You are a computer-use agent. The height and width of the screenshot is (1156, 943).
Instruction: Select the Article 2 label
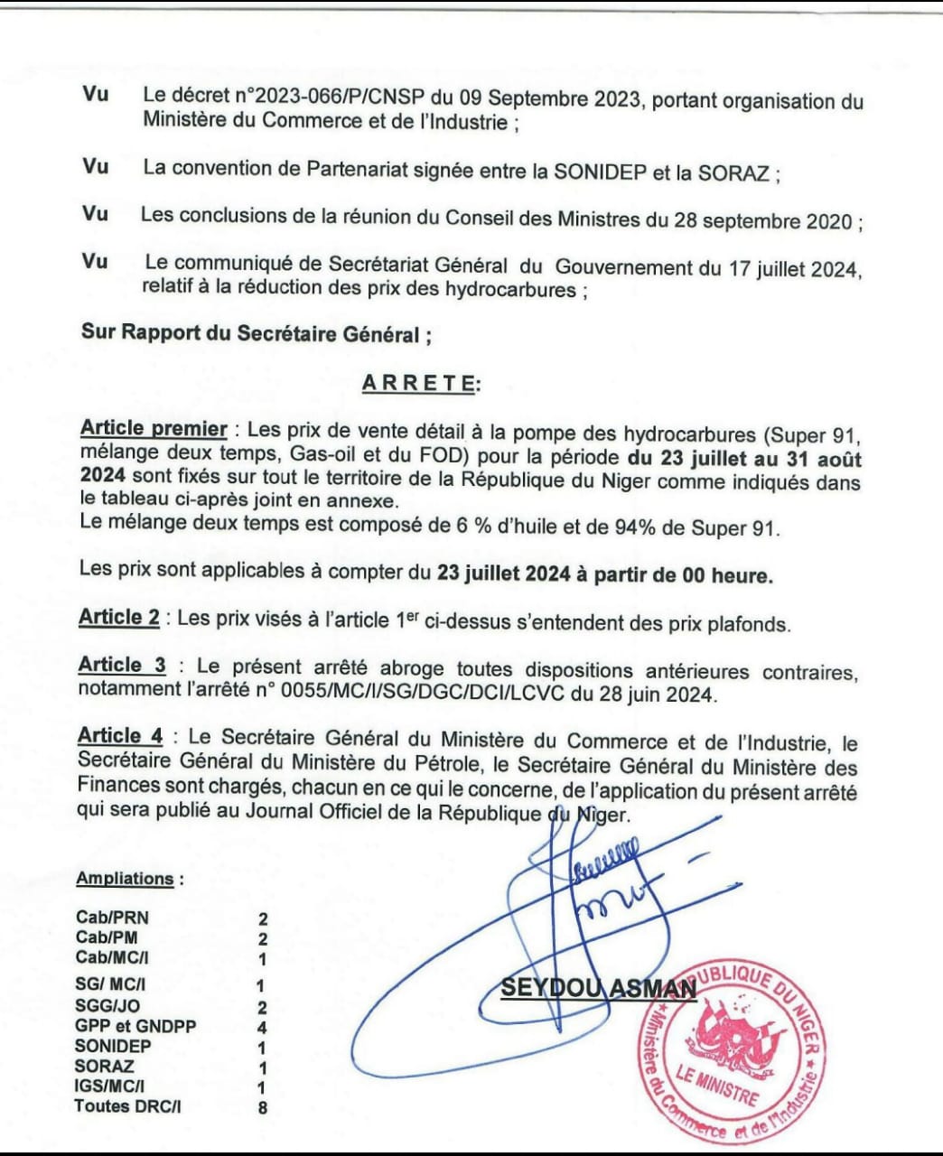coord(119,618)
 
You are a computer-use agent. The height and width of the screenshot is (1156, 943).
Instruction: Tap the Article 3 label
coord(122,666)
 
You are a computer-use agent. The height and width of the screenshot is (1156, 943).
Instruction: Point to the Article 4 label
coord(120,735)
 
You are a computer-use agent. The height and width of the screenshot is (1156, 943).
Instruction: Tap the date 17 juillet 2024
coord(779,268)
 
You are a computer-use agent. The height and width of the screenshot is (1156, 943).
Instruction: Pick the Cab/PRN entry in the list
coord(112,918)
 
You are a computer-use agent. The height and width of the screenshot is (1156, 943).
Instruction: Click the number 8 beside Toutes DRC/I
coord(263,1106)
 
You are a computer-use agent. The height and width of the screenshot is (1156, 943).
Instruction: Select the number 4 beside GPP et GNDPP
coord(263,1027)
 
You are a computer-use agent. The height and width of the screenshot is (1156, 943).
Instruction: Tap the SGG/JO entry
coord(107,1006)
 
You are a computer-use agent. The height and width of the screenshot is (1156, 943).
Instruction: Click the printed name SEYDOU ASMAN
coord(598,988)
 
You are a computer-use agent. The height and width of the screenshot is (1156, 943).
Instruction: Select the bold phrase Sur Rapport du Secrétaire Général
coord(256,332)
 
